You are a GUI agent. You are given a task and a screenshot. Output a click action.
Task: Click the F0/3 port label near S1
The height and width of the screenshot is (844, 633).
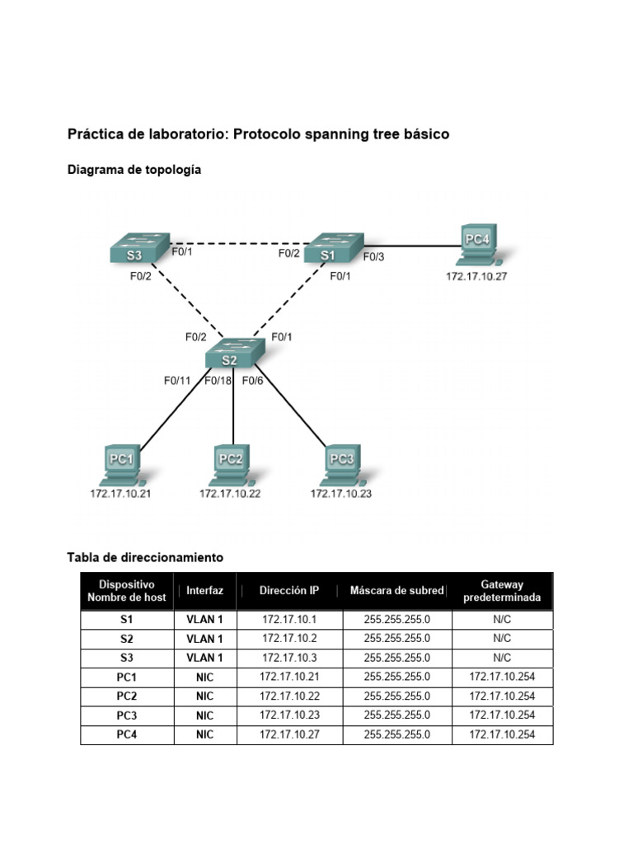[374, 257]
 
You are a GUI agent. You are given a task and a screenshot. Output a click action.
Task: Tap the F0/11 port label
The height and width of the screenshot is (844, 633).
[176, 381]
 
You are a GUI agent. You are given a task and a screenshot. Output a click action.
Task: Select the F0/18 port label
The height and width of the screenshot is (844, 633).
[218, 381]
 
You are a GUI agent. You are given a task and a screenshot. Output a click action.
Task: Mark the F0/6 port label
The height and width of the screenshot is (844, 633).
[252, 381]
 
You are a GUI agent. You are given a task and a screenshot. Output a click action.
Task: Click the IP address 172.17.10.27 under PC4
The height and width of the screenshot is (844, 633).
[476, 277]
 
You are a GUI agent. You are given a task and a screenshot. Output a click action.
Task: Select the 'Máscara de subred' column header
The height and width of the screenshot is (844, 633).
[396, 591]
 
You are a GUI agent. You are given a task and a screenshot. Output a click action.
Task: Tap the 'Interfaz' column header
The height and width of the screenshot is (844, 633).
[204, 591]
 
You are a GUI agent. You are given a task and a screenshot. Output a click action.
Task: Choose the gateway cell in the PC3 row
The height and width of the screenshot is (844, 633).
[502, 715]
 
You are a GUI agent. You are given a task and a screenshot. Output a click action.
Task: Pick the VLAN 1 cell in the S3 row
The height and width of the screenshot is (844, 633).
[204, 658]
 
